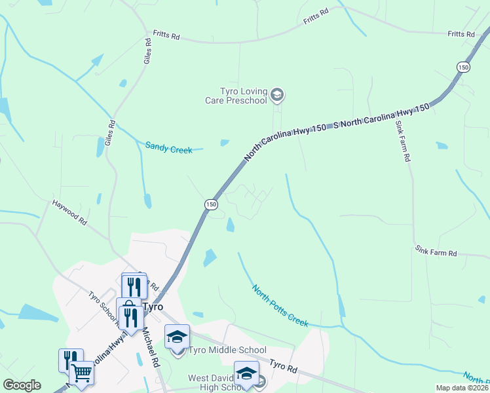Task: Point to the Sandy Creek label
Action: coord(169,149)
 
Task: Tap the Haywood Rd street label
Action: coord(70,213)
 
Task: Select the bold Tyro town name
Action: coord(153,307)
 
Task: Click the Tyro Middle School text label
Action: coord(227,350)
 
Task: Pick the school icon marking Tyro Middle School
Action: coord(177,337)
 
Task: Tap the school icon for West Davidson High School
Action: coord(246,374)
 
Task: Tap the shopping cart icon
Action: coord(81,373)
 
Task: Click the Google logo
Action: coord(22,385)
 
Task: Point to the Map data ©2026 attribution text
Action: coord(462,388)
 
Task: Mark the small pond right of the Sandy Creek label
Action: coord(225,142)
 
